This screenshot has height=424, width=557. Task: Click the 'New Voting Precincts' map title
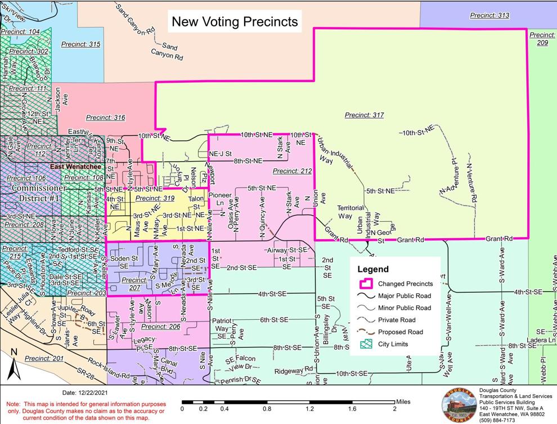click(x=234, y=22)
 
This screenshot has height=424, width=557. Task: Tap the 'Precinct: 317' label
click(x=364, y=115)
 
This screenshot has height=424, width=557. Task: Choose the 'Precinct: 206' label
click(x=160, y=326)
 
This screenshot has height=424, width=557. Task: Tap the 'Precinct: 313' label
click(x=490, y=15)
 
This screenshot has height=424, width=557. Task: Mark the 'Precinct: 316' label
click(x=105, y=118)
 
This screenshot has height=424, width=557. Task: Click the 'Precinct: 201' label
click(x=45, y=358)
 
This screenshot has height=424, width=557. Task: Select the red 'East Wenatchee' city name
click(x=75, y=167)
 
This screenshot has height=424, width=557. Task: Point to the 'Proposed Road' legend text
click(x=401, y=332)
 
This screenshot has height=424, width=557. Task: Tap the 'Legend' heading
click(x=373, y=269)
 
